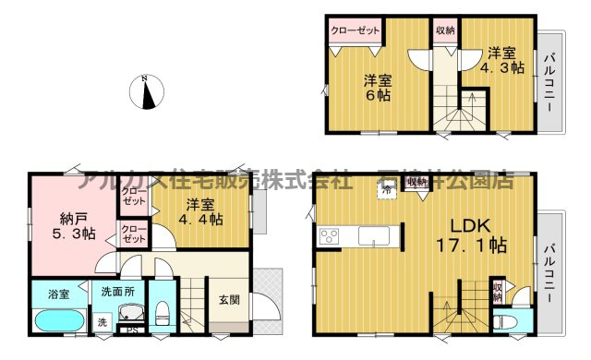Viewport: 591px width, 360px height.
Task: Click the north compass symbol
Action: [148, 91]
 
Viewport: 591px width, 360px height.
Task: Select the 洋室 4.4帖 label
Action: [202, 212]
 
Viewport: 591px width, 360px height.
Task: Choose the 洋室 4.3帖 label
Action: [501, 61]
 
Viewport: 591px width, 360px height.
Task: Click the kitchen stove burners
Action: [330, 236]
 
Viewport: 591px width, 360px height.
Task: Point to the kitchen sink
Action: [376, 235]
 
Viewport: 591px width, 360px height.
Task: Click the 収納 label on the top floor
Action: [444, 30]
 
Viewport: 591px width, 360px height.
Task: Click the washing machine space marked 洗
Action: [101, 323]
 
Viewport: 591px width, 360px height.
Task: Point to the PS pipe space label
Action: [131, 330]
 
